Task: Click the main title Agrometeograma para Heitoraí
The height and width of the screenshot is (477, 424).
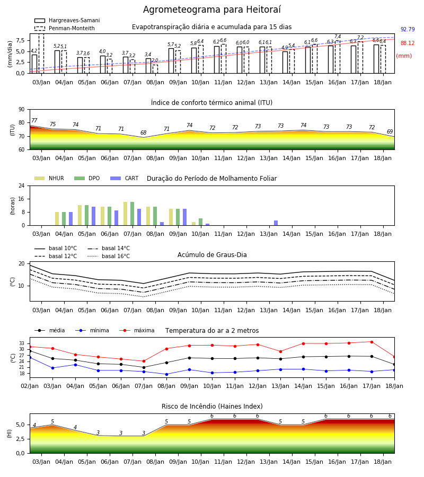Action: click(211, 10)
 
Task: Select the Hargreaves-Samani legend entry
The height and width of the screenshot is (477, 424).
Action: click(67, 20)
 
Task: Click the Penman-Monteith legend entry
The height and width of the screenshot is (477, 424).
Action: click(65, 28)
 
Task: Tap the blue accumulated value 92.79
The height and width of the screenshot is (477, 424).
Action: click(408, 30)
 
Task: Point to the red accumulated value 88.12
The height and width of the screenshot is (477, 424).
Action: click(408, 43)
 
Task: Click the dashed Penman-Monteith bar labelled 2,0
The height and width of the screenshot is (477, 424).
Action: click(155, 69)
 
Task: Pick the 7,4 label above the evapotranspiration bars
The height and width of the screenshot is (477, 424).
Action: click(338, 37)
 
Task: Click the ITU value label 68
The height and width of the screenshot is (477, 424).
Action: click(143, 132)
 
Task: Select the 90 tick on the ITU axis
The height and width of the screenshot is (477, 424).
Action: click(22, 110)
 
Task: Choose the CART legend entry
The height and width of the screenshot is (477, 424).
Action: click(124, 178)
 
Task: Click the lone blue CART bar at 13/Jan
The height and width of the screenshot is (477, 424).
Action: click(276, 223)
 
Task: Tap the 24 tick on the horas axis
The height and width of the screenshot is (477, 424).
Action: click(22, 186)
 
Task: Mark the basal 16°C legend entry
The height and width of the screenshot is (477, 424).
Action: click(109, 257)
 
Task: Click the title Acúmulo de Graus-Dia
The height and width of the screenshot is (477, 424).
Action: click(212, 255)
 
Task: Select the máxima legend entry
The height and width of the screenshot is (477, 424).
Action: click(137, 330)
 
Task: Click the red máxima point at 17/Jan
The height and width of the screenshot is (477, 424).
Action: click(372, 342)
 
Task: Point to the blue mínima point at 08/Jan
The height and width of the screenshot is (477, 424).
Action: click(166, 374)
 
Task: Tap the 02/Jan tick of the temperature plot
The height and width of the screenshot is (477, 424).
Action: click(30, 386)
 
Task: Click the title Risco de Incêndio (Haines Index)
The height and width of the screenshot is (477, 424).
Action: click(212, 407)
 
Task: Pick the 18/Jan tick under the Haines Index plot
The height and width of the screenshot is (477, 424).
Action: click(383, 462)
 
